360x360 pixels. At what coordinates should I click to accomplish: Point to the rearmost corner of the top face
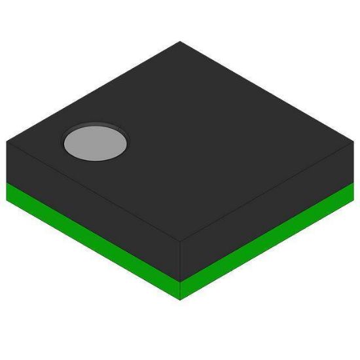pos(180,41)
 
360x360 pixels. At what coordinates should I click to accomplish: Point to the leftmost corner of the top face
pos(7,141)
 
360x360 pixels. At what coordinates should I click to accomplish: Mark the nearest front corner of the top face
pos(180,241)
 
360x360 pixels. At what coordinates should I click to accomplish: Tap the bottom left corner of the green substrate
pos(7,200)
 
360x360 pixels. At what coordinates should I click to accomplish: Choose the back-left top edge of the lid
pos(92,92)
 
